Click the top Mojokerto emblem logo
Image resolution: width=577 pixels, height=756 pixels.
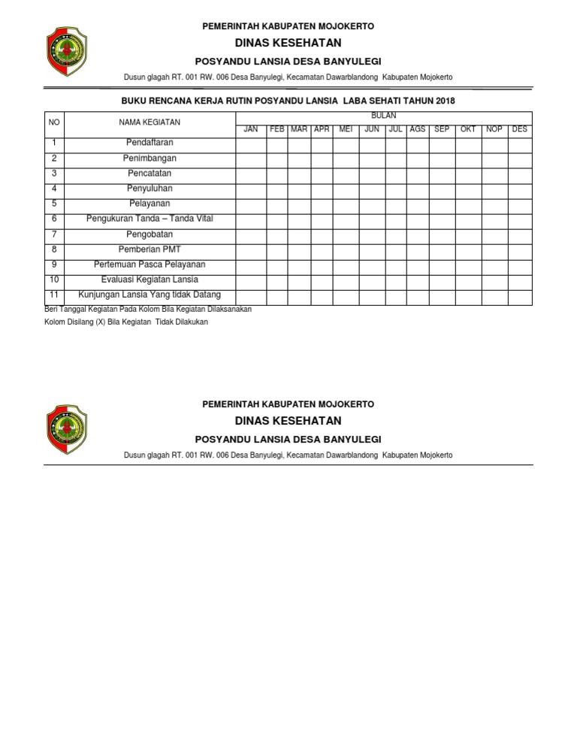point(67,51)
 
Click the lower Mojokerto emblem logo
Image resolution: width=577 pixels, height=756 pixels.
point(67,429)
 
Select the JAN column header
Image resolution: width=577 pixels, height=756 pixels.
point(251,129)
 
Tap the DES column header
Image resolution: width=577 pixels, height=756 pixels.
point(519,129)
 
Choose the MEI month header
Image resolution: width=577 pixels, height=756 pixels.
point(346,129)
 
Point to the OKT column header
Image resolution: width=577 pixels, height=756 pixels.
point(468,129)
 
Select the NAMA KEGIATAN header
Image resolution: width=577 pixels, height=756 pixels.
point(150,122)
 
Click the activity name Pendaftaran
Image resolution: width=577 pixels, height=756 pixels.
point(150,143)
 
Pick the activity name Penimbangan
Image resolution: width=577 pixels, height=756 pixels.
point(150,159)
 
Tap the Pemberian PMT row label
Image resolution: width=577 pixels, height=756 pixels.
point(150,249)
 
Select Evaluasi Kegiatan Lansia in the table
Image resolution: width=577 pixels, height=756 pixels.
point(150,280)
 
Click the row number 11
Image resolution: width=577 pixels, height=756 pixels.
point(54,295)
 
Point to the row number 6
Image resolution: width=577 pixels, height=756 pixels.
point(54,219)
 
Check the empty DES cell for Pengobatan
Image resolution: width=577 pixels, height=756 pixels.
point(519,234)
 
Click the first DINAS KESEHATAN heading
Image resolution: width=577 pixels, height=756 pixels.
point(288,43)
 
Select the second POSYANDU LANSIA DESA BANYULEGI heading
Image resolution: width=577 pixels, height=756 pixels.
point(288,439)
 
